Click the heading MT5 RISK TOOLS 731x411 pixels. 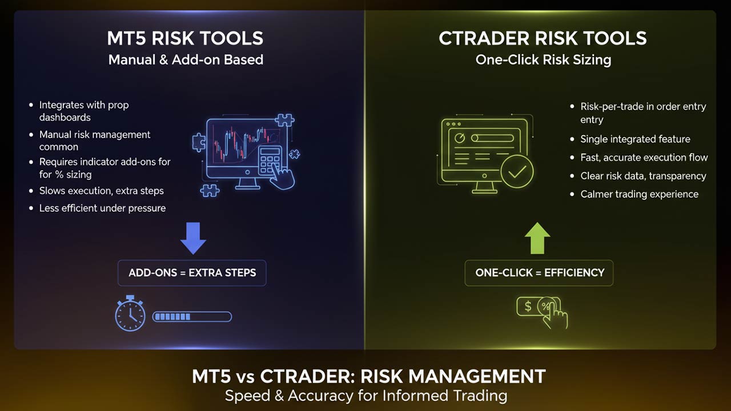click(x=185, y=38)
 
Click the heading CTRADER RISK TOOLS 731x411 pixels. click(x=543, y=38)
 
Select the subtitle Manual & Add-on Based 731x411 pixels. click(x=186, y=59)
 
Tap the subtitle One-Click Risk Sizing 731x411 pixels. click(x=543, y=59)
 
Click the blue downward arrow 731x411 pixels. click(x=193, y=238)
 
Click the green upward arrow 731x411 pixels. click(x=537, y=237)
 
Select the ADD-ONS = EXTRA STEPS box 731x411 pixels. click(x=192, y=273)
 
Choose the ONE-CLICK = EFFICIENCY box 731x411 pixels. click(x=539, y=273)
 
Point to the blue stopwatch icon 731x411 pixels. click(x=130, y=313)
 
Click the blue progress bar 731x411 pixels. click(x=192, y=317)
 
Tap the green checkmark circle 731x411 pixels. click(x=517, y=172)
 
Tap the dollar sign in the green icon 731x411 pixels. click(x=528, y=307)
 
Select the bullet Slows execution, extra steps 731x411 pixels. click(x=101, y=191)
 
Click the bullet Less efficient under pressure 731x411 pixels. click(x=102, y=208)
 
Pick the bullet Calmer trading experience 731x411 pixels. click(x=639, y=194)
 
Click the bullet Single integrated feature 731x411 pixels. click(x=635, y=139)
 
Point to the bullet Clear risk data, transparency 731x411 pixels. click(x=643, y=176)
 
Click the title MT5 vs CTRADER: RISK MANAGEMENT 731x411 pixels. click(x=368, y=377)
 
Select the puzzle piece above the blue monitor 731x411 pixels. click(x=284, y=121)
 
